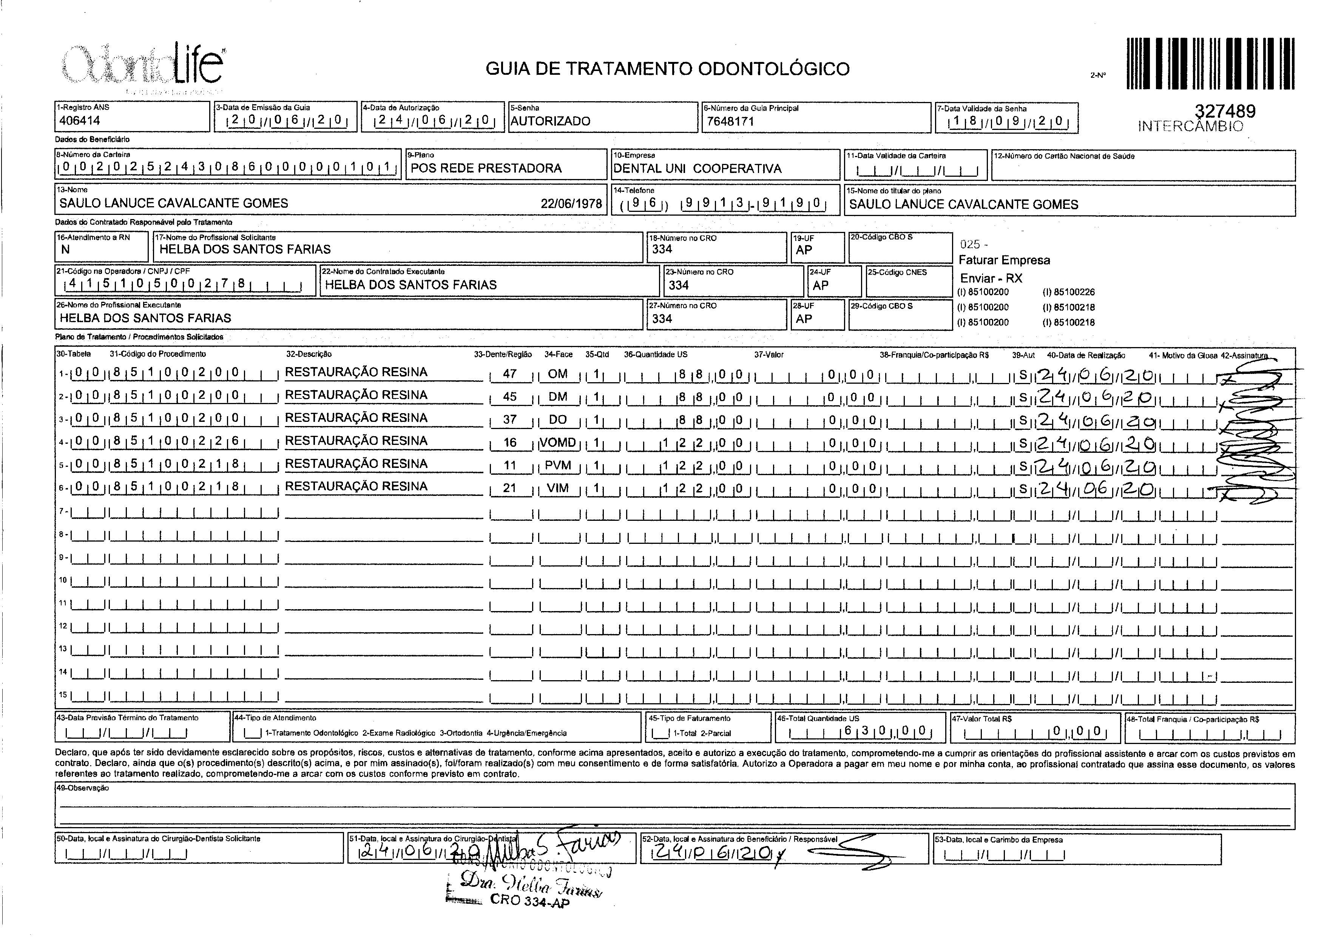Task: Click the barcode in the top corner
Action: click(x=1210, y=63)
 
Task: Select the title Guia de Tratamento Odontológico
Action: click(x=668, y=69)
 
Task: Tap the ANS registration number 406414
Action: click(x=80, y=120)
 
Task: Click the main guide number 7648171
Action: click(x=730, y=121)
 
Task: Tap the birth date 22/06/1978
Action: click(x=571, y=204)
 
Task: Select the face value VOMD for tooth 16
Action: click(x=558, y=443)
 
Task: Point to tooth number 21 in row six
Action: click(x=509, y=488)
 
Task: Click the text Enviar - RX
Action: click(x=991, y=278)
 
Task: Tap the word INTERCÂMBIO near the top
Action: click(x=1190, y=127)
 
